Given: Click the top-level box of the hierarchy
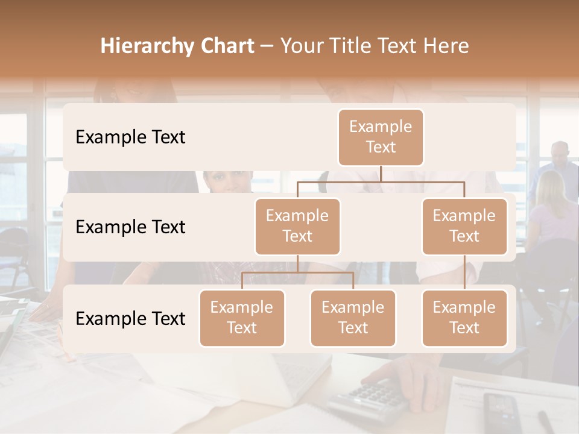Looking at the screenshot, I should click(x=381, y=137).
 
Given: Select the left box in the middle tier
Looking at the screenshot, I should click(x=297, y=226).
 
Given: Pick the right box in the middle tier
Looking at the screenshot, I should click(x=464, y=226).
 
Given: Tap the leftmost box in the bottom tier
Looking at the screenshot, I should click(x=242, y=318).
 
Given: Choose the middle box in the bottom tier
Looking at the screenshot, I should click(x=353, y=318).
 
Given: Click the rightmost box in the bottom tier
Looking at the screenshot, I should click(x=464, y=318).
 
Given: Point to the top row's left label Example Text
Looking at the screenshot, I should click(x=130, y=137).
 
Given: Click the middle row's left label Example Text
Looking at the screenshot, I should click(x=130, y=227).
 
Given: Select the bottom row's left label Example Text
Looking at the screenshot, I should click(x=130, y=318).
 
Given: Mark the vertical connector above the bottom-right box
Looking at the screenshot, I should click(x=464, y=272).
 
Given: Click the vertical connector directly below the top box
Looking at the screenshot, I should click(x=381, y=174).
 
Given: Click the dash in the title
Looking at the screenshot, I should click(x=267, y=46).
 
